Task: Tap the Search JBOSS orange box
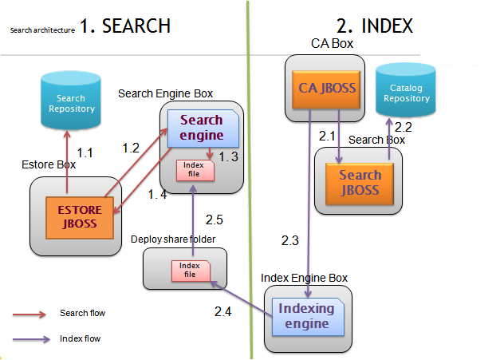tap(360, 184)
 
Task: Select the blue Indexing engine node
tap(306, 315)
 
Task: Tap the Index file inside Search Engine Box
tap(195, 170)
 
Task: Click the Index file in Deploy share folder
tap(190, 271)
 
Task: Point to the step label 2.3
tap(290, 239)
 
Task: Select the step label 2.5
tap(215, 219)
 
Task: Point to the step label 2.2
tap(403, 126)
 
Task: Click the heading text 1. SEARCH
tap(126, 26)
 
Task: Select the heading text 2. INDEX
tap(376, 26)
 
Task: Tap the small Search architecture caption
tap(41, 30)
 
